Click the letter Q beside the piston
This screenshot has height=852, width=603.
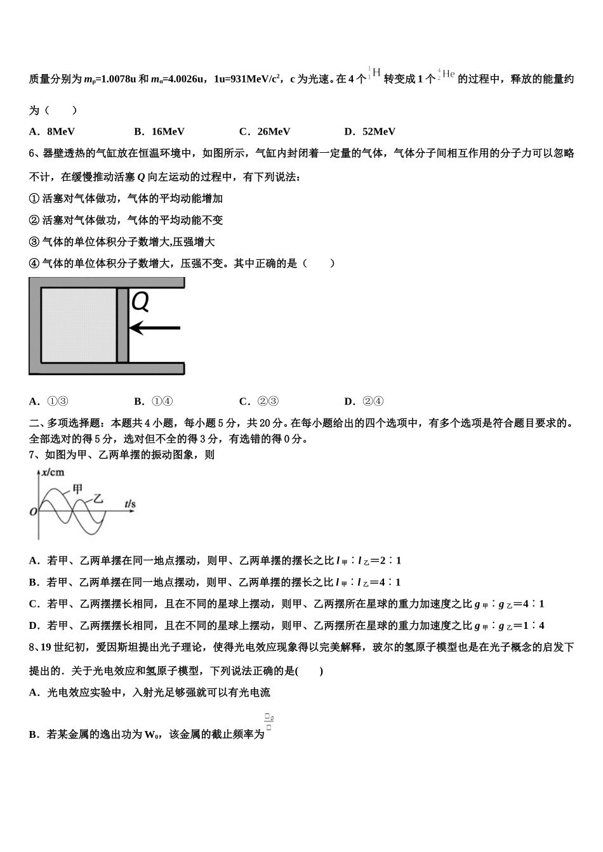click(140, 302)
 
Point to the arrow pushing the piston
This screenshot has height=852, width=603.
click(155, 328)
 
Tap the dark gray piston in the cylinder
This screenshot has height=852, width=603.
click(123, 325)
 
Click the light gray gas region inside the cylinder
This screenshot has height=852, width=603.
click(79, 325)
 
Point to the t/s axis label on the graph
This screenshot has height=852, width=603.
click(129, 505)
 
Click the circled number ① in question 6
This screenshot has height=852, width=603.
click(34, 198)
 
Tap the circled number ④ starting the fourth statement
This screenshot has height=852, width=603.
click(34, 263)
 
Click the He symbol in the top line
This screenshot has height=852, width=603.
click(448, 74)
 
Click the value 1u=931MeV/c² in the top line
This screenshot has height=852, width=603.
click(248, 79)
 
